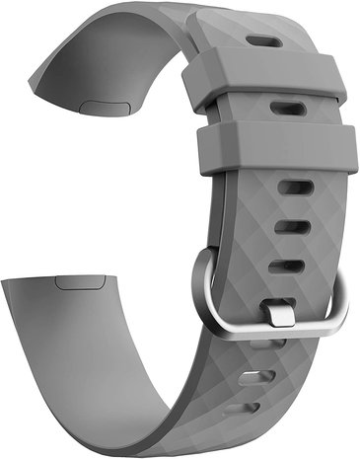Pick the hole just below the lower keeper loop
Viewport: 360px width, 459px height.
click(x=294, y=187)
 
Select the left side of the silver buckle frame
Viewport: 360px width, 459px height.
click(x=203, y=287)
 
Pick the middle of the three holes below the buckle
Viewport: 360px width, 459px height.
click(x=259, y=377)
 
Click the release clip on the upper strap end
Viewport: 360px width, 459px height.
click(x=98, y=102)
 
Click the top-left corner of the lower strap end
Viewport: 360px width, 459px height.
click(x=4, y=279)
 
